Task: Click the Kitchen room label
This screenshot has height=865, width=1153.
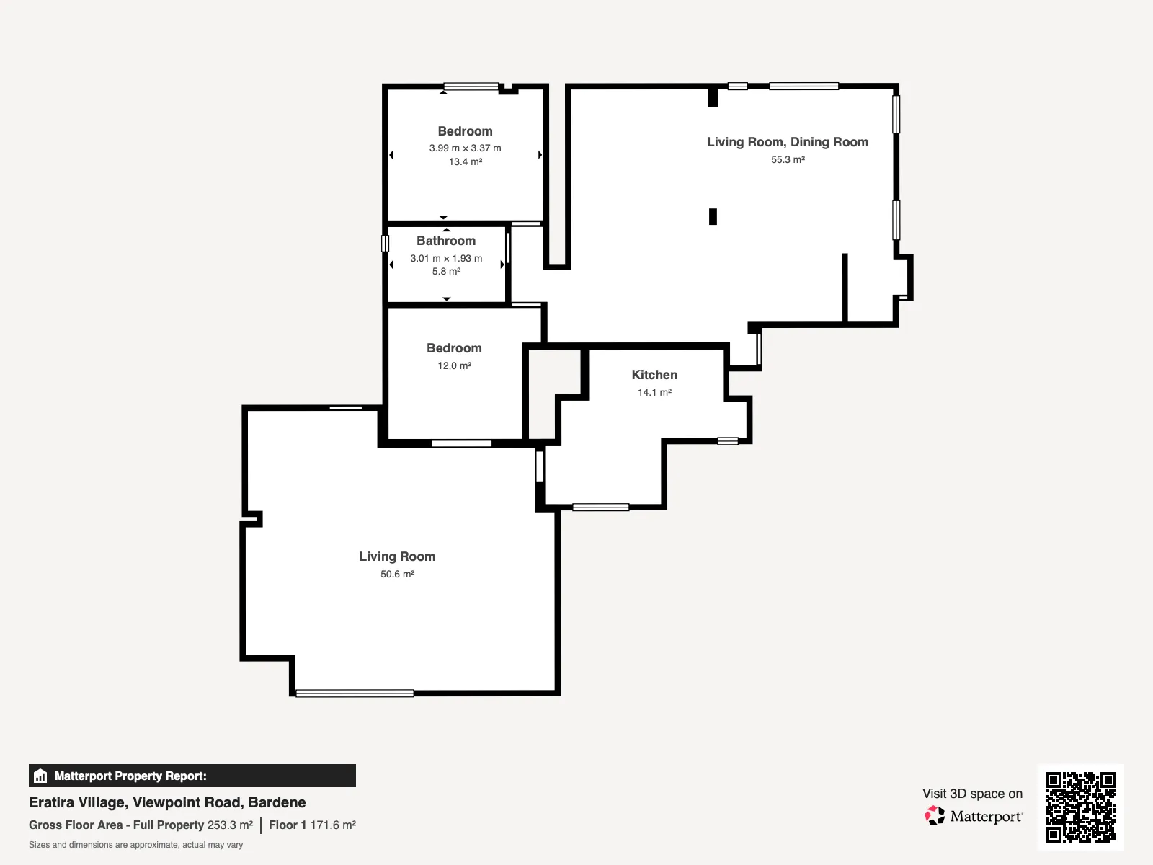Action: [654, 374]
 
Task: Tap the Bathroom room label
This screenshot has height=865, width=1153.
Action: [446, 241]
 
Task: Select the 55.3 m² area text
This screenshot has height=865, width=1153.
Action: [788, 159]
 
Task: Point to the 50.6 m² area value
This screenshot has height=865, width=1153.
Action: [397, 574]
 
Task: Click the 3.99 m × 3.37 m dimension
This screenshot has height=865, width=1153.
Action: [465, 148]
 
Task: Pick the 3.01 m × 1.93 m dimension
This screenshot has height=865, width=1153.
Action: [446, 258]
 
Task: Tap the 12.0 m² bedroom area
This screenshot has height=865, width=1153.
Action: [455, 365]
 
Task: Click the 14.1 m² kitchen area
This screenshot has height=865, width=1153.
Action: [654, 392]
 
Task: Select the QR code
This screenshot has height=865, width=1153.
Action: [1080, 807]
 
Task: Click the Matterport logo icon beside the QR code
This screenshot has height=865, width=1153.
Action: [935, 816]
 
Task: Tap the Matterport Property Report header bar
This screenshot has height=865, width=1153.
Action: [192, 776]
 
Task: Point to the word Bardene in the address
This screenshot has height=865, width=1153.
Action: [277, 802]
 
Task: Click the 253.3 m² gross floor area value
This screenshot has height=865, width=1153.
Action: [230, 825]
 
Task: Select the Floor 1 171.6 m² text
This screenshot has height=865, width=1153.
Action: [313, 825]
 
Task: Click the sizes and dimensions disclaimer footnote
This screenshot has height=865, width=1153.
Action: [135, 845]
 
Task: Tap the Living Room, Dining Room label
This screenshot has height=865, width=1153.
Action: [788, 142]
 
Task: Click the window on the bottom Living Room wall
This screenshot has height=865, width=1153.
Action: [355, 693]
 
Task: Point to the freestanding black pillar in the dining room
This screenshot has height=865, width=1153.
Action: [713, 216]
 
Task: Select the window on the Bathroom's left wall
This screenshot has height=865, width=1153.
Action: [385, 243]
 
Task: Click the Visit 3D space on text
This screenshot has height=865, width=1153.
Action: [972, 794]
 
